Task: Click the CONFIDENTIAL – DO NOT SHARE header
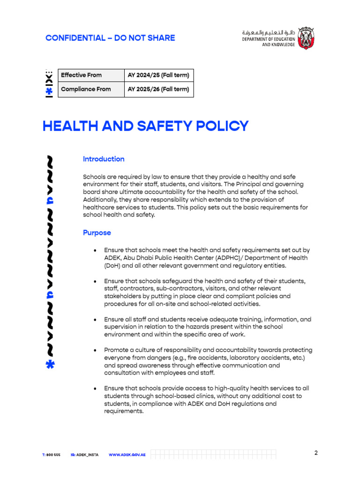click(x=110, y=38)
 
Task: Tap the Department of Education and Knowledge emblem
click(x=306, y=38)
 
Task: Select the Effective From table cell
click(x=91, y=75)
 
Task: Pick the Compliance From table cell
click(x=91, y=89)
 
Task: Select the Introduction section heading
click(x=104, y=159)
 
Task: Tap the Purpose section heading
click(x=97, y=232)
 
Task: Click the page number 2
click(x=316, y=453)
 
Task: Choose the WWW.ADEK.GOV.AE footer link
click(x=127, y=455)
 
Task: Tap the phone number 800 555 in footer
click(x=53, y=455)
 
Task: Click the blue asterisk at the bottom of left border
click(x=50, y=364)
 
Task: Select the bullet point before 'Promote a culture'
click(x=95, y=350)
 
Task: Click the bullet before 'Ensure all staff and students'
click(x=95, y=320)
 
